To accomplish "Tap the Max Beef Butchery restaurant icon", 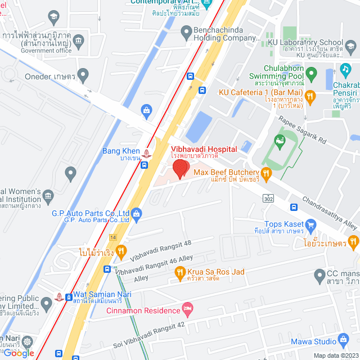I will (x=265, y=173).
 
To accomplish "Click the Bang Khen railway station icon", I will (x=147, y=152).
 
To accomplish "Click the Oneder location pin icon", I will (x=83, y=73).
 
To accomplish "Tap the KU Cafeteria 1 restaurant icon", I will (x=310, y=96).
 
